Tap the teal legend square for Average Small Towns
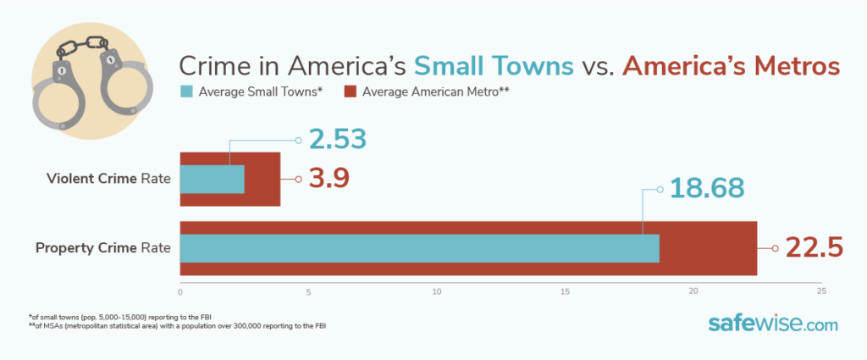pos(186,91)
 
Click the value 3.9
pos(327,179)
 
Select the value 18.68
pos(706,188)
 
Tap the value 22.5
pos(814,248)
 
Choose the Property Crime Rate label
pos(103,248)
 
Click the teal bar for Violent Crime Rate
pos(212,180)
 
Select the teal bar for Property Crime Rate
pos(419,248)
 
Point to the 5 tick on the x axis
pos(308,291)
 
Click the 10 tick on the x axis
pos(437,291)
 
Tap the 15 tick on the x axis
pos(565,291)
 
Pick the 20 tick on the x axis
pos(693,291)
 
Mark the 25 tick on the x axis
pos(820,291)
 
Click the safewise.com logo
pos(772,324)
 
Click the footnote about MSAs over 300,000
pos(177,325)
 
